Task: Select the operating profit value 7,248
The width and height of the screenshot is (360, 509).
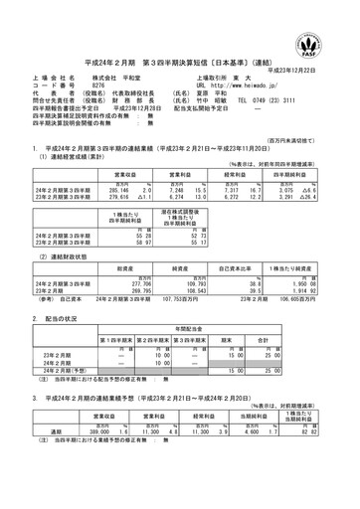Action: click(165, 188)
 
